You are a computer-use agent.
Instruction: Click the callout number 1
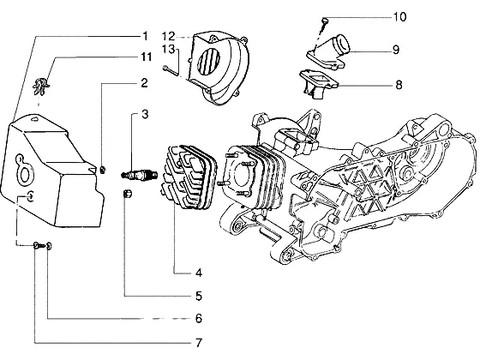(x=145, y=36)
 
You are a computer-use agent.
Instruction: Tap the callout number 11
(x=146, y=57)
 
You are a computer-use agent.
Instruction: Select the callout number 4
(x=199, y=273)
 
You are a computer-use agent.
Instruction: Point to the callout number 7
(x=199, y=342)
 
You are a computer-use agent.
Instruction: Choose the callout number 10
(x=399, y=16)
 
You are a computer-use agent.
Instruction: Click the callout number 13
(x=168, y=49)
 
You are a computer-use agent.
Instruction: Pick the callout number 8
(x=399, y=85)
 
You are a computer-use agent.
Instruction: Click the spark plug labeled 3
(x=139, y=176)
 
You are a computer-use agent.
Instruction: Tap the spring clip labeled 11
(x=41, y=86)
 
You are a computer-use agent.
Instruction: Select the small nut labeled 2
(x=103, y=170)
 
